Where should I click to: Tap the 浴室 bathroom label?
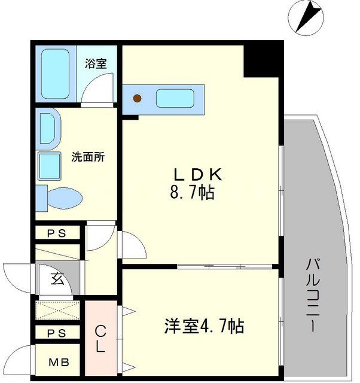pos(96,62)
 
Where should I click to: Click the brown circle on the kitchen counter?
pos(138,98)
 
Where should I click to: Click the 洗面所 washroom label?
pos(88,158)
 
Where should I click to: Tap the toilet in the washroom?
pos(59,196)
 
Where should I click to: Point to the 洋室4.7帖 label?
pos(204,327)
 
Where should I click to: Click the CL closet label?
pos(101,338)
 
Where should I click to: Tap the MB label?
pos(58,361)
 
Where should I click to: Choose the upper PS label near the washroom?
pos(57,233)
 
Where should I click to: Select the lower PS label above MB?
pos(57,333)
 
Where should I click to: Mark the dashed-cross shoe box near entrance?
pos(59,312)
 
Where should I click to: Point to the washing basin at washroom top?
pos(47,127)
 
